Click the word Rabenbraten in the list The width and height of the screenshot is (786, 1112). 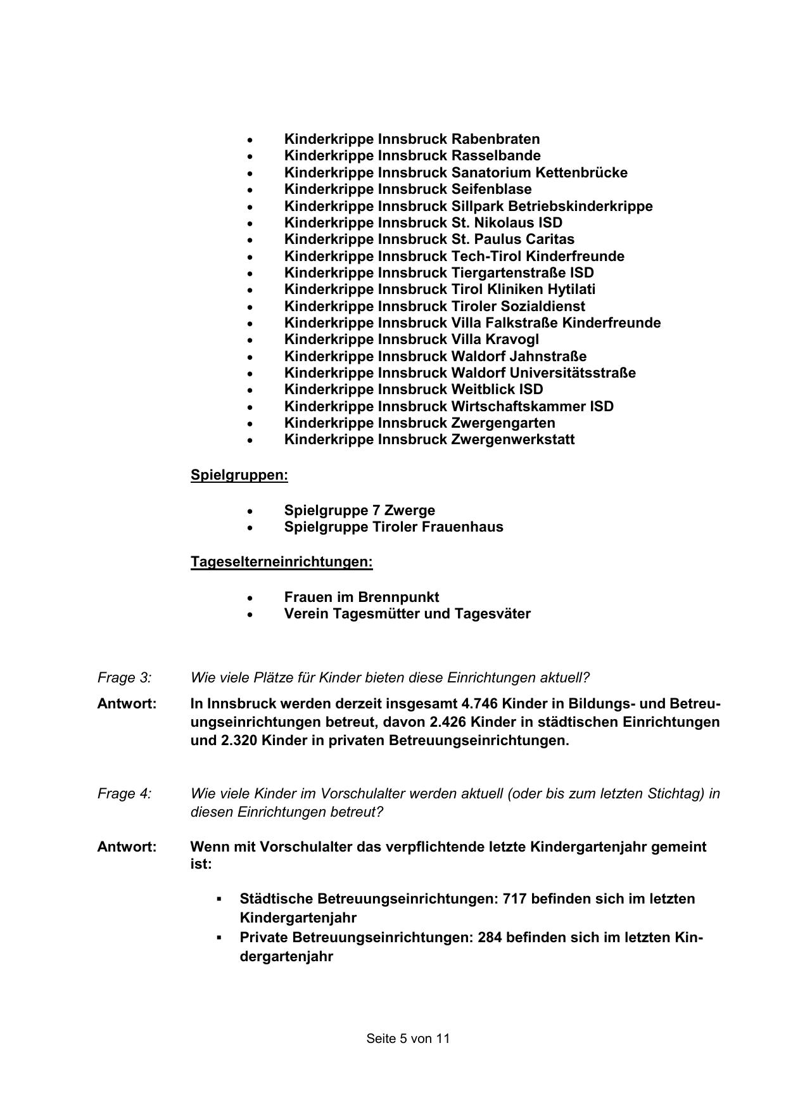pyautogui.click(x=495, y=139)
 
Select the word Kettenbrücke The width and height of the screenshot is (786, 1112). pyautogui.click(x=581, y=172)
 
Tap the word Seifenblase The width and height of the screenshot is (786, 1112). pyautogui.click(x=491, y=189)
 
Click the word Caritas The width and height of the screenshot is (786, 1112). pyautogui.click(x=550, y=239)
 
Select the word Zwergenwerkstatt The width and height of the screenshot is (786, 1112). pyautogui.click(x=512, y=439)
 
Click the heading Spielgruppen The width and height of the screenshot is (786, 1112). pyautogui.click(x=239, y=475)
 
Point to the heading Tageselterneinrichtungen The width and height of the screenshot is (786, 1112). pyautogui.click(x=282, y=562)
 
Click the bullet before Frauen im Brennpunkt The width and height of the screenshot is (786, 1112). pyautogui.click(x=251, y=598)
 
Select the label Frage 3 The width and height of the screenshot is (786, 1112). pyautogui.click(x=125, y=677)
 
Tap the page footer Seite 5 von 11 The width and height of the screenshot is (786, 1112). pyautogui.click(x=408, y=1039)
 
